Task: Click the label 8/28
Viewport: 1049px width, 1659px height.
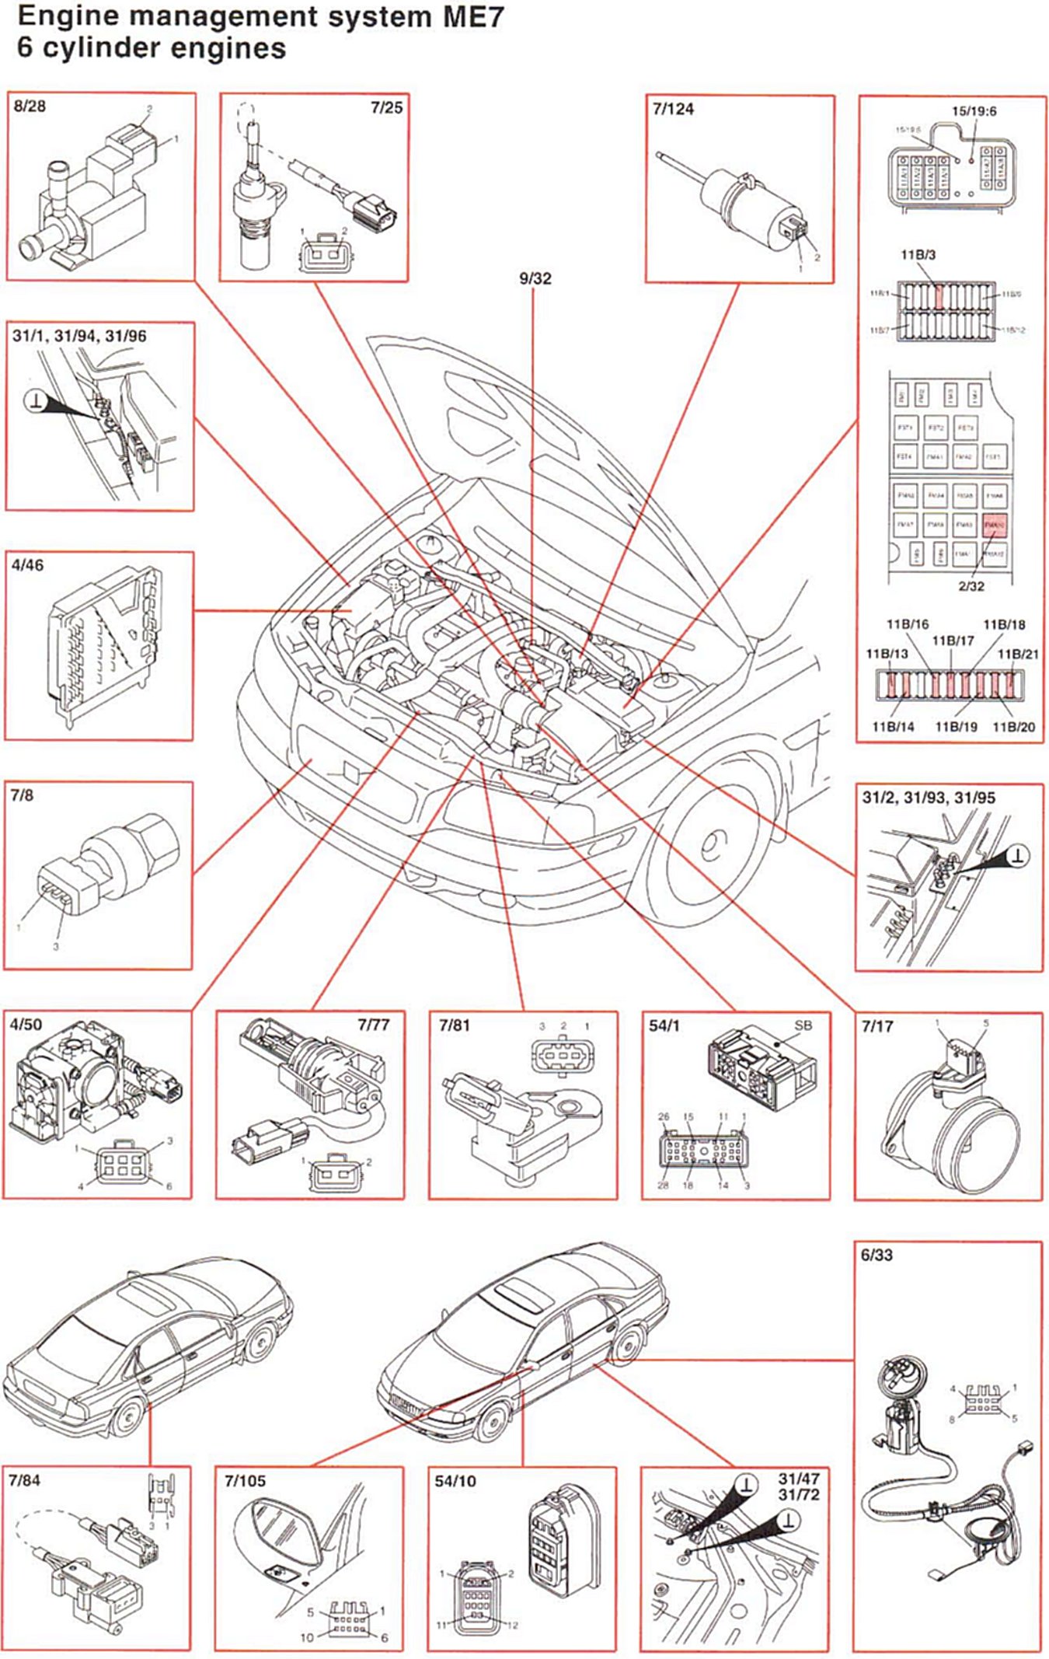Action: click(x=30, y=106)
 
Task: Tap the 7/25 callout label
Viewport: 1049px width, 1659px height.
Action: click(x=386, y=107)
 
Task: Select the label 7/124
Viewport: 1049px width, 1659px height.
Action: click(x=673, y=109)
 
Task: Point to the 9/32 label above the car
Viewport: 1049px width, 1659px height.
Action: click(x=535, y=278)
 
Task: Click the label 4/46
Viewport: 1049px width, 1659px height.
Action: click(x=27, y=565)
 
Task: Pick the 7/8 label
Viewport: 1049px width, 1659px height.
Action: click(x=22, y=795)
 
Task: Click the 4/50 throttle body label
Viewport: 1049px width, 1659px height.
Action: click(x=26, y=1024)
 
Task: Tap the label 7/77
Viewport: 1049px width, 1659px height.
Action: click(x=373, y=1024)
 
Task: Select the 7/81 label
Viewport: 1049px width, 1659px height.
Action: click(x=455, y=1025)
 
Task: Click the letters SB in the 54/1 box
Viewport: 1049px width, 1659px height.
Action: click(x=803, y=1025)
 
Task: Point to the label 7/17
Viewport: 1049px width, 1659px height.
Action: click(x=877, y=1025)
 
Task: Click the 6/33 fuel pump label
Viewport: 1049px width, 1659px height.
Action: click(x=876, y=1254)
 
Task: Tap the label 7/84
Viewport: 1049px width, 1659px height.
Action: click(x=24, y=1480)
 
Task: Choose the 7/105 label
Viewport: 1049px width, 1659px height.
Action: click(x=245, y=1481)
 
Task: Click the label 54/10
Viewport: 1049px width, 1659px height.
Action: click(x=455, y=1481)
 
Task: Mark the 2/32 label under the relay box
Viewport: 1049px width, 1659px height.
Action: click(x=971, y=585)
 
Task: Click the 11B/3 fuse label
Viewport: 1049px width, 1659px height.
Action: click(x=918, y=254)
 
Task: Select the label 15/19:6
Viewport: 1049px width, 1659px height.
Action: click(x=974, y=111)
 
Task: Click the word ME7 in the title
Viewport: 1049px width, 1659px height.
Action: click(x=472, y=16)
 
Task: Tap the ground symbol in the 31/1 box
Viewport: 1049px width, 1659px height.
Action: click(x=36, y=402)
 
